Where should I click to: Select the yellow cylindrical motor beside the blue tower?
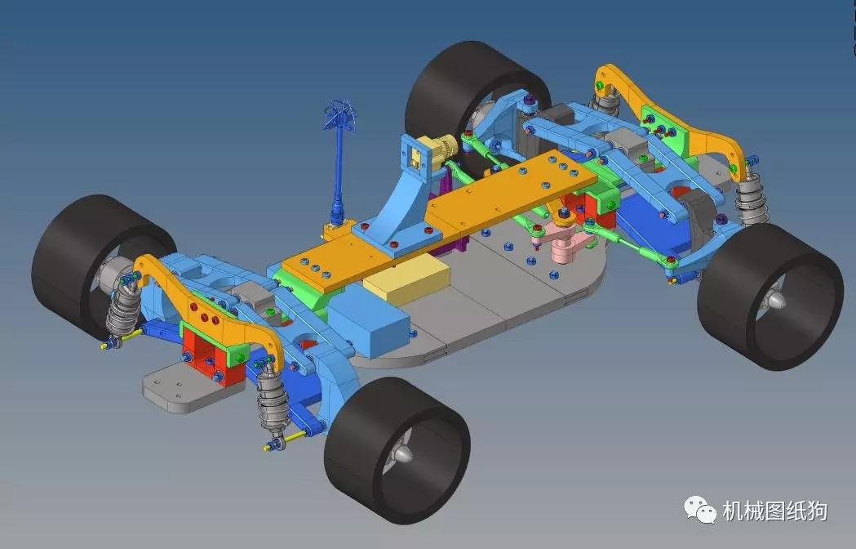point(446,150)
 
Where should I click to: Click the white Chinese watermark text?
point(775,511)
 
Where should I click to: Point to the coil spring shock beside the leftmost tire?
point(124,306)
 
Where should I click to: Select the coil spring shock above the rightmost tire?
point(751,200)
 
